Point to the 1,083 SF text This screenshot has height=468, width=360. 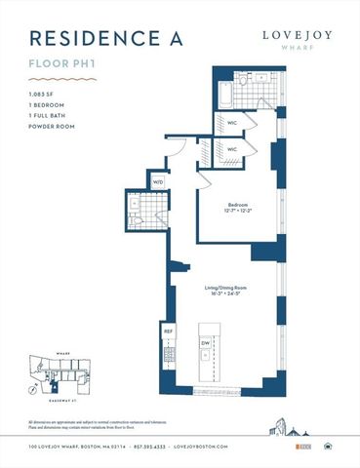[43, 94]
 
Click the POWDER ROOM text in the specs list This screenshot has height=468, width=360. [53, 126]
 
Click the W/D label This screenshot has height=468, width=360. [158, 182]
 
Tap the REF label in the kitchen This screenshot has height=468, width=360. [169, 331]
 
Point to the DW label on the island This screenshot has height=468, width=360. [206, 343]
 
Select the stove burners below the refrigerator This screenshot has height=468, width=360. [168, 360]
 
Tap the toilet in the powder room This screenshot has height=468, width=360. [134, 222]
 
